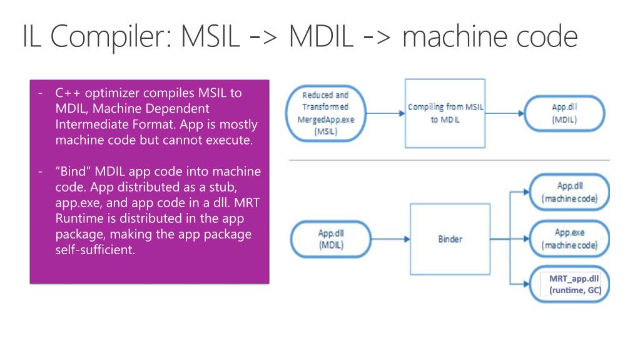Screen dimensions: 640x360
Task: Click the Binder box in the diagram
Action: [450, 239]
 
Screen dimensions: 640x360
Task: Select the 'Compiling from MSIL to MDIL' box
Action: [445, 113]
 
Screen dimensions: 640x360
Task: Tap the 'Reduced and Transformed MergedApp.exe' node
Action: [326, 113]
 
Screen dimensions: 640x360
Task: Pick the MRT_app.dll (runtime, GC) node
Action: [569, 284]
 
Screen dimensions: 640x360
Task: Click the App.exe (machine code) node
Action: [569, 239]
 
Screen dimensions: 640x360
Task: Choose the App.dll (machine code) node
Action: [569, 192]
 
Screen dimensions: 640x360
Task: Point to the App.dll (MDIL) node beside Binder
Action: [331, 239]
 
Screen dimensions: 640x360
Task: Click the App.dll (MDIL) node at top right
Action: [564, 113]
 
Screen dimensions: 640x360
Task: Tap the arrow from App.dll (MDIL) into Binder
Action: [390, 239]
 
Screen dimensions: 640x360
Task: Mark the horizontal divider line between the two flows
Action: [449, 160]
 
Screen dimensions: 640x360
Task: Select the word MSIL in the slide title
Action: [210, 36]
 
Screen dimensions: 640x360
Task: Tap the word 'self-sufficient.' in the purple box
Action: [95, 250]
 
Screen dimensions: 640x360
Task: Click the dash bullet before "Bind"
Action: [41, 172]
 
